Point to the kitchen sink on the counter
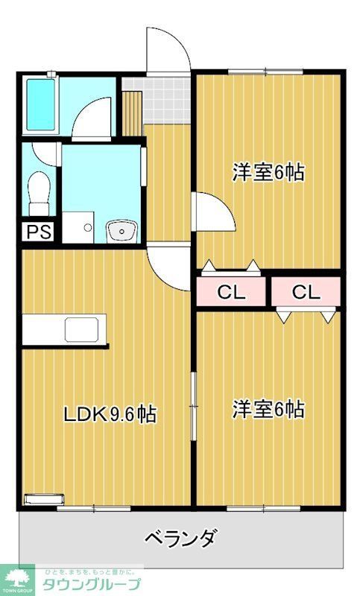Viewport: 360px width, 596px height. pyautogui.click(x=77, y=329)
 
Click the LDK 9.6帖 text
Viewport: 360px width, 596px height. pyautogui.click(x=109, y=414)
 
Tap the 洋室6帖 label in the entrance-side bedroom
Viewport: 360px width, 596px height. pyautogui.click(x=268, y=172)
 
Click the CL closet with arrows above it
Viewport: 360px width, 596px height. pyautogui.click(x=231, y=292)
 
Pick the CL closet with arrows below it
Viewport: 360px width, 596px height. pyautogui.click(x=306, y=292)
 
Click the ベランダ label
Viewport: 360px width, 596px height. pyautogui.click(x=180, y=537)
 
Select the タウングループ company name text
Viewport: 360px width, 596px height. pyautogui.click(x=91, y=583)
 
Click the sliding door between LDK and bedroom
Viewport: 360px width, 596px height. pyautogui.click(x=194, y=406)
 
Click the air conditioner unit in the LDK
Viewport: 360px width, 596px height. pyautogui.click(x=45, y=499)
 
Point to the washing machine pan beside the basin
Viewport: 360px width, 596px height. pyautogui.click(x=78, y=226)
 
